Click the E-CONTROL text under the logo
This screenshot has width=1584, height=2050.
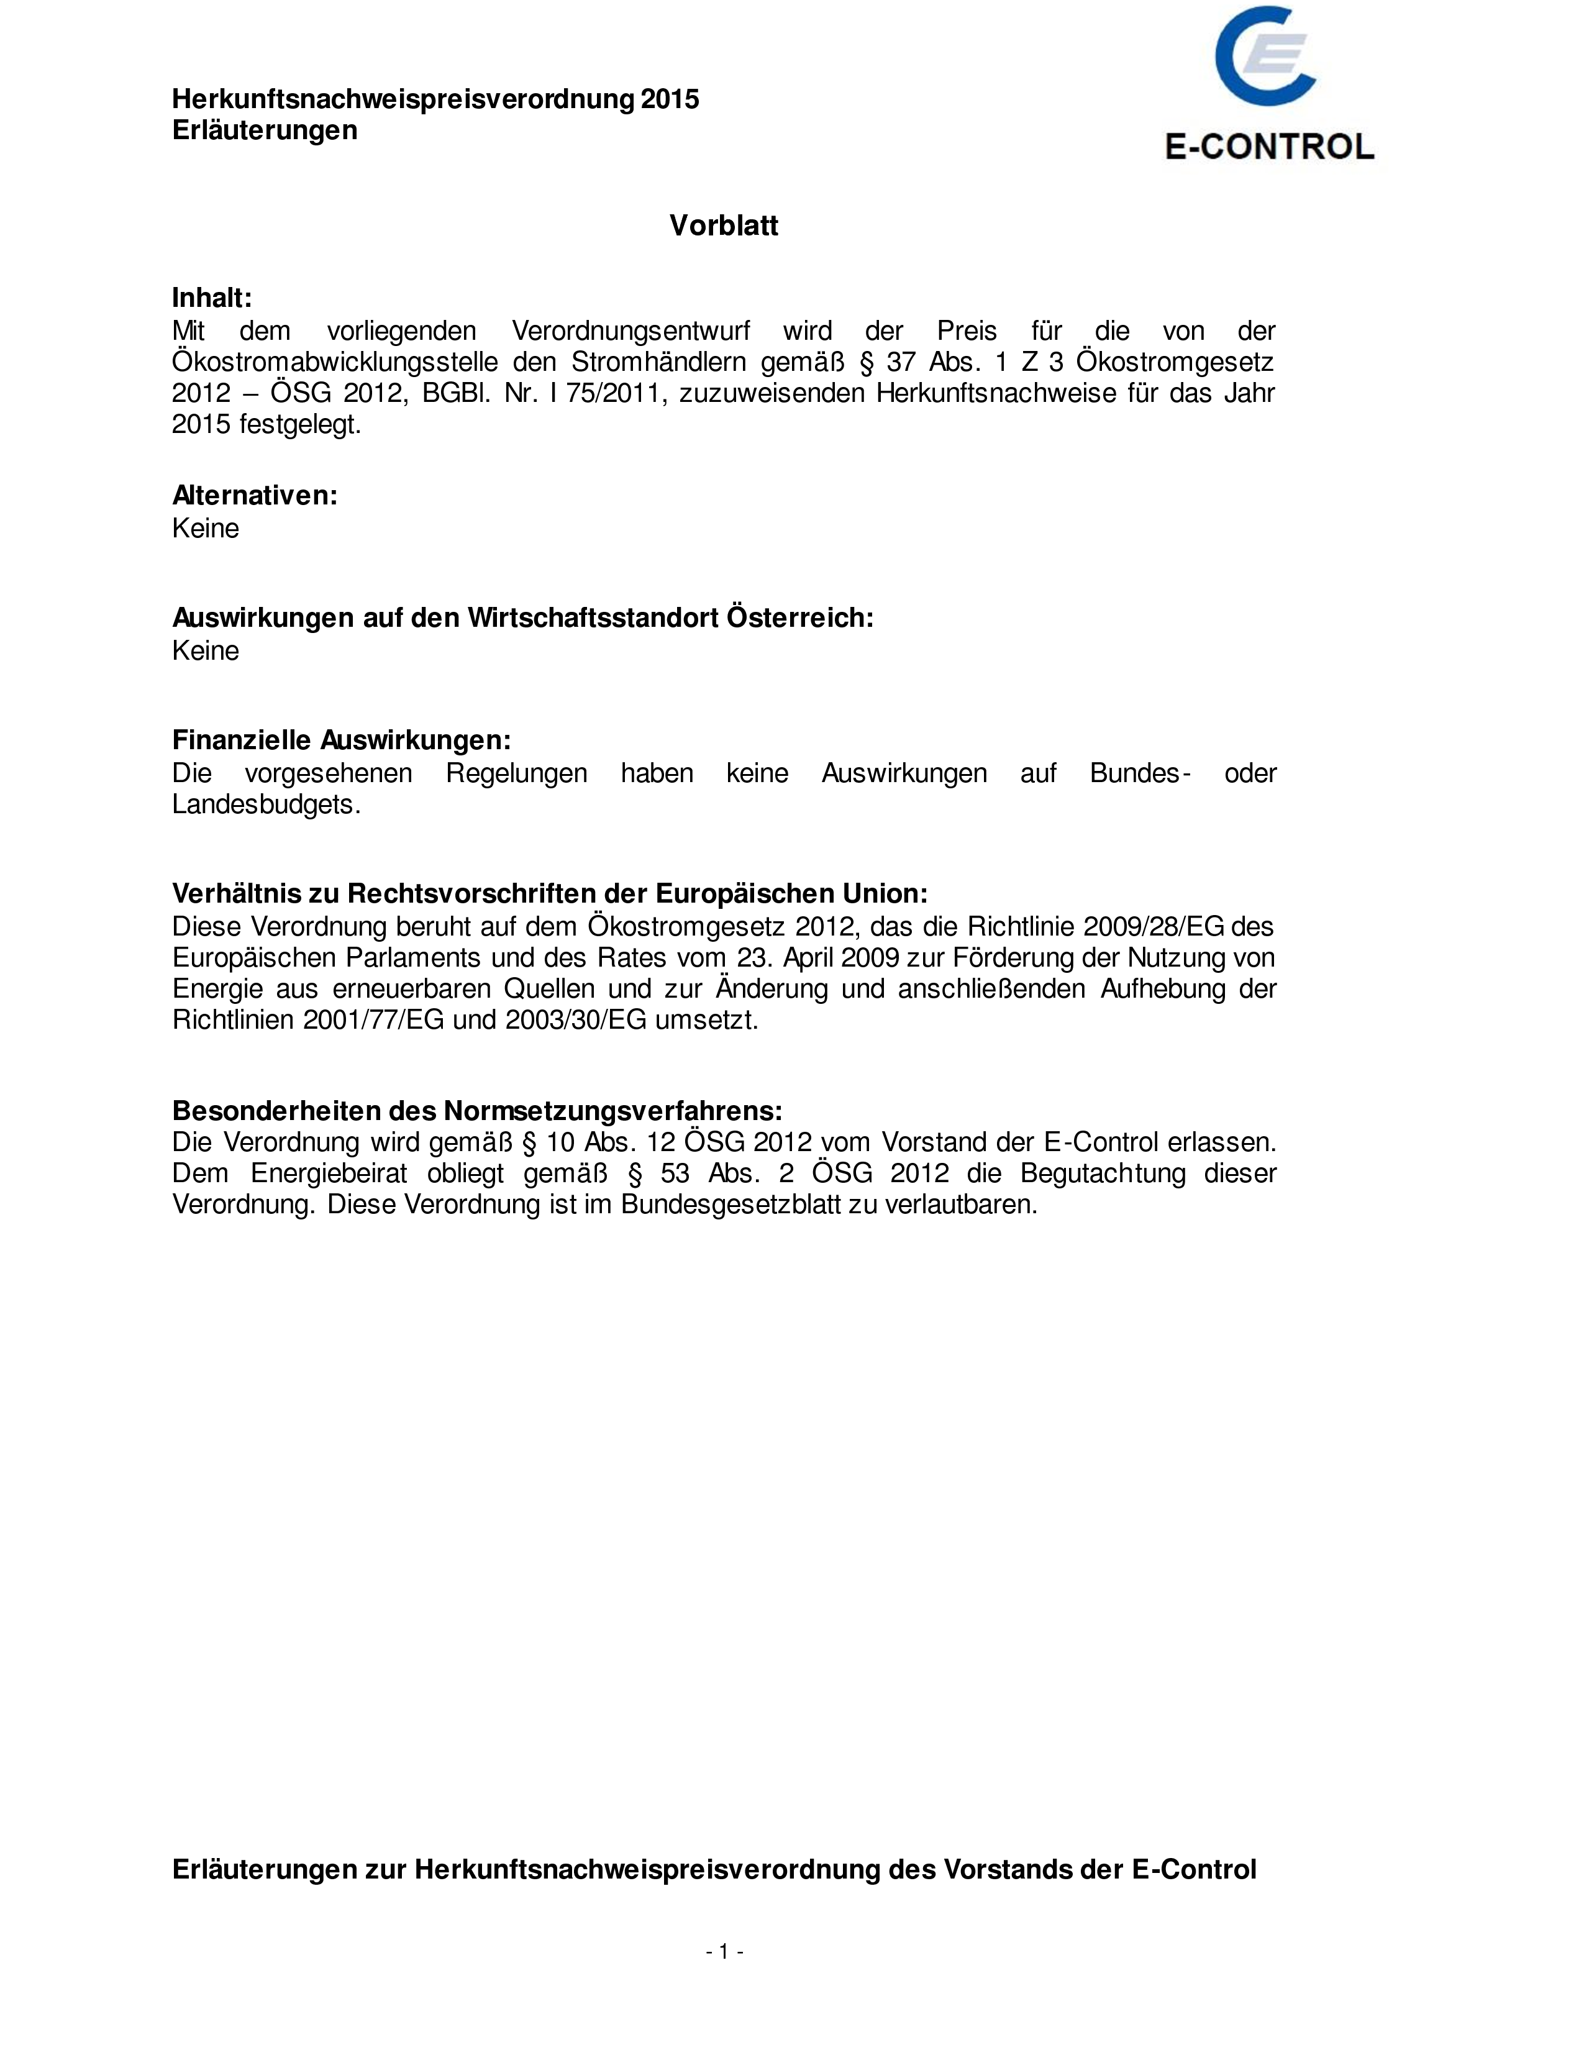[1268, 147]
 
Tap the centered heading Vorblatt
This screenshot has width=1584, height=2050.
[724, 225]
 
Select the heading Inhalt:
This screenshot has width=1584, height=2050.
[212, 298]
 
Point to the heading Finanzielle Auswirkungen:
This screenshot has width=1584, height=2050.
[342, 740]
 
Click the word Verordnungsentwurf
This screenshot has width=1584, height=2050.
[630, 330]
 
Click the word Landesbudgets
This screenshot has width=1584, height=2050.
[266, 804]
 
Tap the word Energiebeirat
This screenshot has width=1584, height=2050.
[329, 1173]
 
